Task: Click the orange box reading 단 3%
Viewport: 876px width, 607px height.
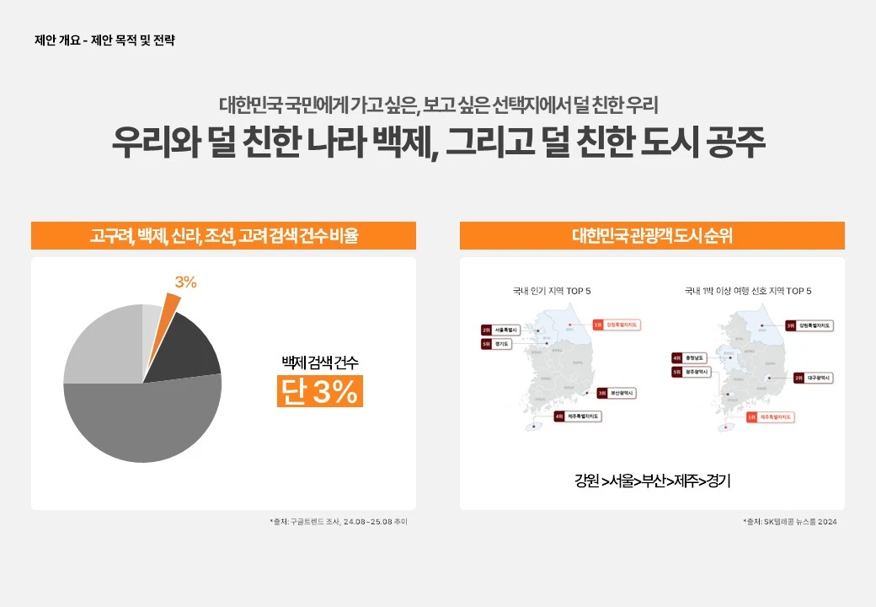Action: pos(320,391)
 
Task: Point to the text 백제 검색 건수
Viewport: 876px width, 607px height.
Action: pos(320,363)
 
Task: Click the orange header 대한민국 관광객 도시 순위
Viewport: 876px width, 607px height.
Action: pos(652,236)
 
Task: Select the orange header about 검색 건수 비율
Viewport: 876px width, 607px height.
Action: pos(223,236)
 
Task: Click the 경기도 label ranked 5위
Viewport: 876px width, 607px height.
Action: pos(498,344)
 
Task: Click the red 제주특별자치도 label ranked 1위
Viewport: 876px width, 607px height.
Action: pos(770,416)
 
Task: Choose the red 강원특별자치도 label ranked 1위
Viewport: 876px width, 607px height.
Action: pos(617,324)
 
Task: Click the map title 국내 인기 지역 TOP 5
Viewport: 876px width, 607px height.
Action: pos(552,291)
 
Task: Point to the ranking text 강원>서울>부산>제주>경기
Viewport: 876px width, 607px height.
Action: pos(652,481)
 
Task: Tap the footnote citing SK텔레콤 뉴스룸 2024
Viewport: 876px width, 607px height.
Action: pos(790,522)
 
